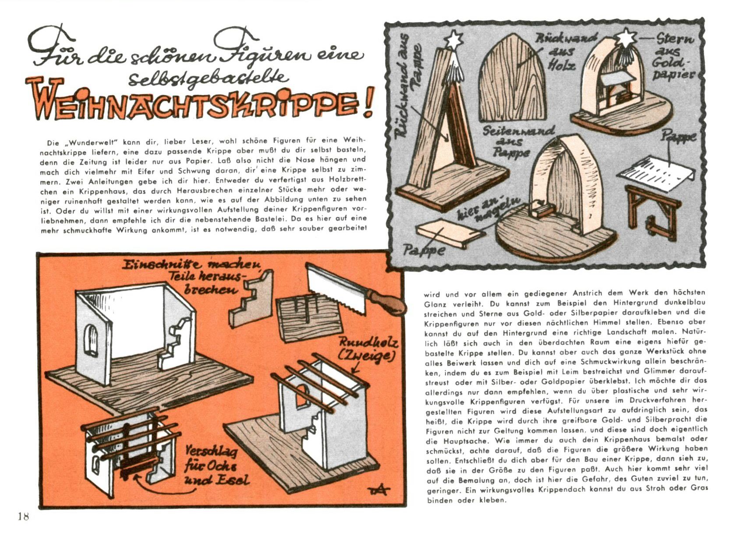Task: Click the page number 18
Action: [x=24, y=516]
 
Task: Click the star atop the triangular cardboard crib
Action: [x=453, y=40]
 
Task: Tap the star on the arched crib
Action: [x=626, y=38]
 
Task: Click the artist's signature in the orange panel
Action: [x=378, y=490]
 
